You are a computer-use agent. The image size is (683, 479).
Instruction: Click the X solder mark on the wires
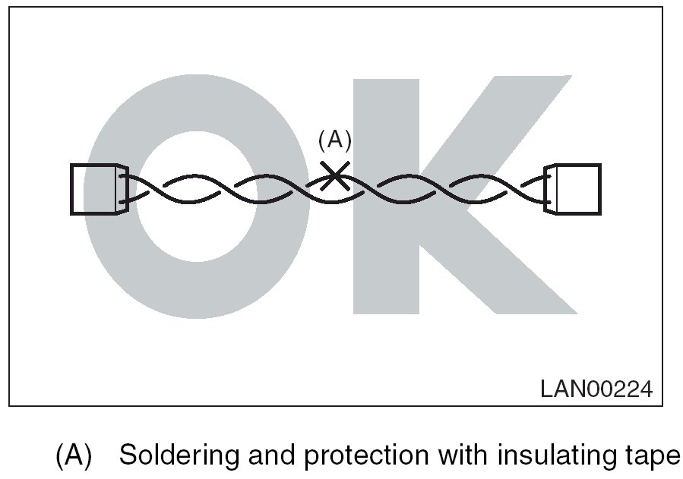click(334, 176)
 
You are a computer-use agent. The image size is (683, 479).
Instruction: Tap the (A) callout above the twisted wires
click(334, 140)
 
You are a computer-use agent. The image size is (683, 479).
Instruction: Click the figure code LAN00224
click(596, 389)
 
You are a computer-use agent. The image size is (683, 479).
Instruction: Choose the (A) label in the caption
click(74, 455)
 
